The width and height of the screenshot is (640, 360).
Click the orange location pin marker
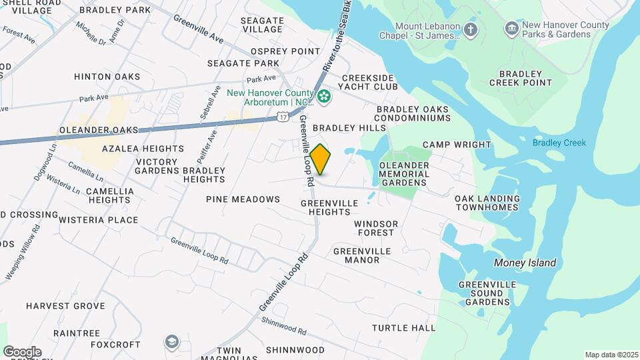click(x=321, y=159)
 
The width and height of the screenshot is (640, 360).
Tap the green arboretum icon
click(x=324, y=97)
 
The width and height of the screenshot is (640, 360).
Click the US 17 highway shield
click(x=283, y=117)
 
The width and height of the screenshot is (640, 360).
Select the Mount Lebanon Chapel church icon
click(x=471, y=29)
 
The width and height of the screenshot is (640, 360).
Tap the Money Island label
click(x=525, y=263)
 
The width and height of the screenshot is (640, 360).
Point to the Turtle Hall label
click(x=403, y=328)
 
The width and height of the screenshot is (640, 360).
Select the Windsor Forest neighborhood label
click(x=376, y=228)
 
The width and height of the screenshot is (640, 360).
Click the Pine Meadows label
click(x=243, y=199)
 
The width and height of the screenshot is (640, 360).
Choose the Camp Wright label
click(x=457, y=145)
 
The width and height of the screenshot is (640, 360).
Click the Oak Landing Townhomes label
click(x=487, y=203)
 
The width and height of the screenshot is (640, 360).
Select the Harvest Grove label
click(x=65, y=306)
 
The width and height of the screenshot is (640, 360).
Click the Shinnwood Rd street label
click(x=283, y=326)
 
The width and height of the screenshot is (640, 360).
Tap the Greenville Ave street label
click(x=198, y=29)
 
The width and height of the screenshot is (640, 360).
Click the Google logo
click(x=22, y=352)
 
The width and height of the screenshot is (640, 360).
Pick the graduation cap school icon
click(x=172, y=342)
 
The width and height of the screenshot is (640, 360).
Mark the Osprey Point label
click(x=285, y=51)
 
